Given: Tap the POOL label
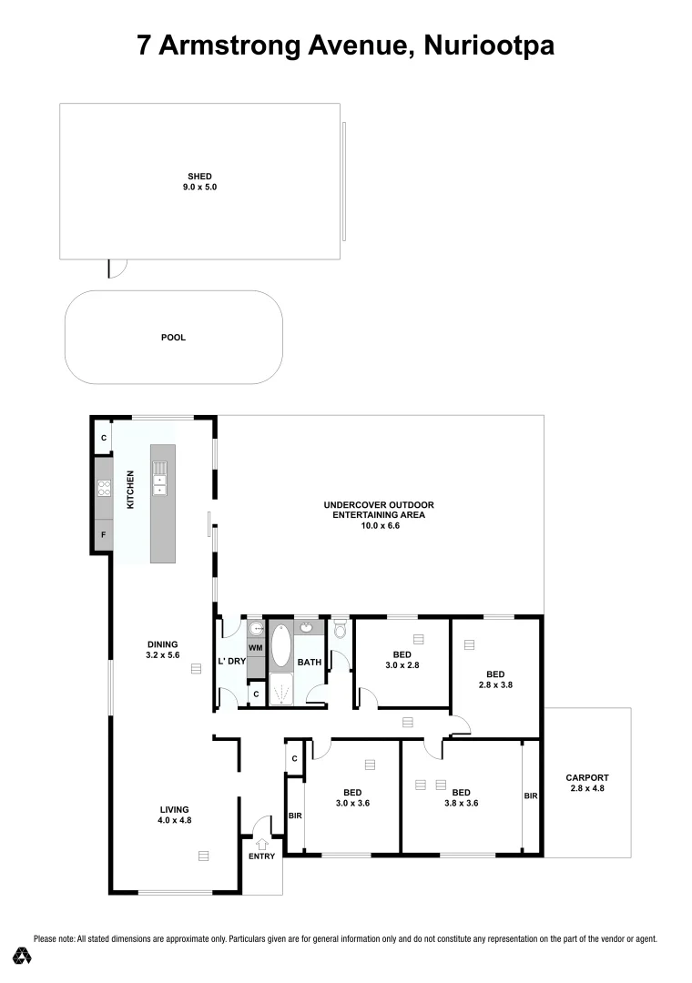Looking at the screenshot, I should pyautogui.click(x=173, y=338).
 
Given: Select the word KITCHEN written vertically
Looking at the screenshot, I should pyautogui.click(x=131, y=489).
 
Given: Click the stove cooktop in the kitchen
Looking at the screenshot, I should pyautogui.click(x=104, y=488).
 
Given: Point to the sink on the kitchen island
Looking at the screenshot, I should pyautogui.click(x=160, y=483).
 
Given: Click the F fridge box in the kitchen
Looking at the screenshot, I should pyautogui.click(x=104, y=535).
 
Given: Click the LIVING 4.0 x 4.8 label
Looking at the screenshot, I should pyautogui.click(x=174, y=815).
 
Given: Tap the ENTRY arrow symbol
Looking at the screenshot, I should pyautogui.click(x=262, y=843).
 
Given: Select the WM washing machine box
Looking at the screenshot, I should pyautogui.click(x=256, y=648).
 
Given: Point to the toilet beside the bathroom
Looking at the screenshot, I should pyautogui.click(x=341, y=629).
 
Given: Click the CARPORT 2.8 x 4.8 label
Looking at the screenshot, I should pyautogui.click(x=585, y=783).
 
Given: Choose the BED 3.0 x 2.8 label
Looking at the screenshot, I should pyautogui.click(x=402, y=660).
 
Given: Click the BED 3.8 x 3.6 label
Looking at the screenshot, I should pyautogui.click(x=461, y=797).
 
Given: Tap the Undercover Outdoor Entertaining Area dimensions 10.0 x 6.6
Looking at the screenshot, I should pyautogui.click(x=380, y=525).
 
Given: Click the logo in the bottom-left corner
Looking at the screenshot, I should pyautogui.click(x=23, y=955).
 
